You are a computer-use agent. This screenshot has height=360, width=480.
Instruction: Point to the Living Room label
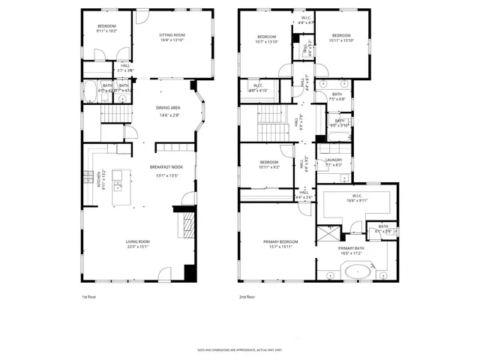137,241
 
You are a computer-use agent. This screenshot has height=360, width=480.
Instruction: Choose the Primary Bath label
351,248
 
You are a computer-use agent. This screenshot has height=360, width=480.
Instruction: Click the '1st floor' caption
89,297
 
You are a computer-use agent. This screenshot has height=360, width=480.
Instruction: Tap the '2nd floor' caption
247,297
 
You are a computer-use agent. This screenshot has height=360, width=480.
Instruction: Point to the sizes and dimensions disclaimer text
239,349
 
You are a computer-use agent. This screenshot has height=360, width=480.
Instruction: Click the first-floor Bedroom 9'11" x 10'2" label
106,28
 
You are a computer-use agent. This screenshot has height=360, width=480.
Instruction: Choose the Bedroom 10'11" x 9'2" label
269,166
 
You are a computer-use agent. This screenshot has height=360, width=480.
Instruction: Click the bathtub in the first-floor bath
88,92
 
